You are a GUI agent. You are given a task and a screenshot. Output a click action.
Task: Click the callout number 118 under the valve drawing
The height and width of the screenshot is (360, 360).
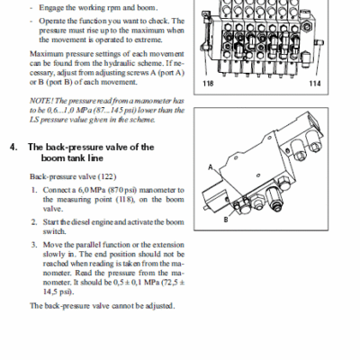208,84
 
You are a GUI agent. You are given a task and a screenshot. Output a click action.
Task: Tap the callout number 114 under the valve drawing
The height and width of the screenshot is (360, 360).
315,84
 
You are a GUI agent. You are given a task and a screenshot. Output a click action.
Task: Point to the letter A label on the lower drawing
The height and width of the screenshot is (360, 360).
211,166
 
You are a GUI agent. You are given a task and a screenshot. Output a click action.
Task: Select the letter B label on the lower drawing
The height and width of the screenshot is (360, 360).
226,220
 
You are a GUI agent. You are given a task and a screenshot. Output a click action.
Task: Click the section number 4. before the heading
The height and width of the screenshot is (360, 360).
13,147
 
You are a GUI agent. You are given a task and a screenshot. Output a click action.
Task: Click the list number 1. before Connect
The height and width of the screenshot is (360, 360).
34,190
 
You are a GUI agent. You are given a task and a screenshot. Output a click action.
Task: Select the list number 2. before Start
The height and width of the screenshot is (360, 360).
34,222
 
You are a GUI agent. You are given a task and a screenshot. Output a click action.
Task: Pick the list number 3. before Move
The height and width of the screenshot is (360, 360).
34,245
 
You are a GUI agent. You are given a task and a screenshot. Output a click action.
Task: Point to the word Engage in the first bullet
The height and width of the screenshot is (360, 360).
51,8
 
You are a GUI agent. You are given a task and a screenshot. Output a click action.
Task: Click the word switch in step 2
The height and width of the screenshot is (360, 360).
54,231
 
